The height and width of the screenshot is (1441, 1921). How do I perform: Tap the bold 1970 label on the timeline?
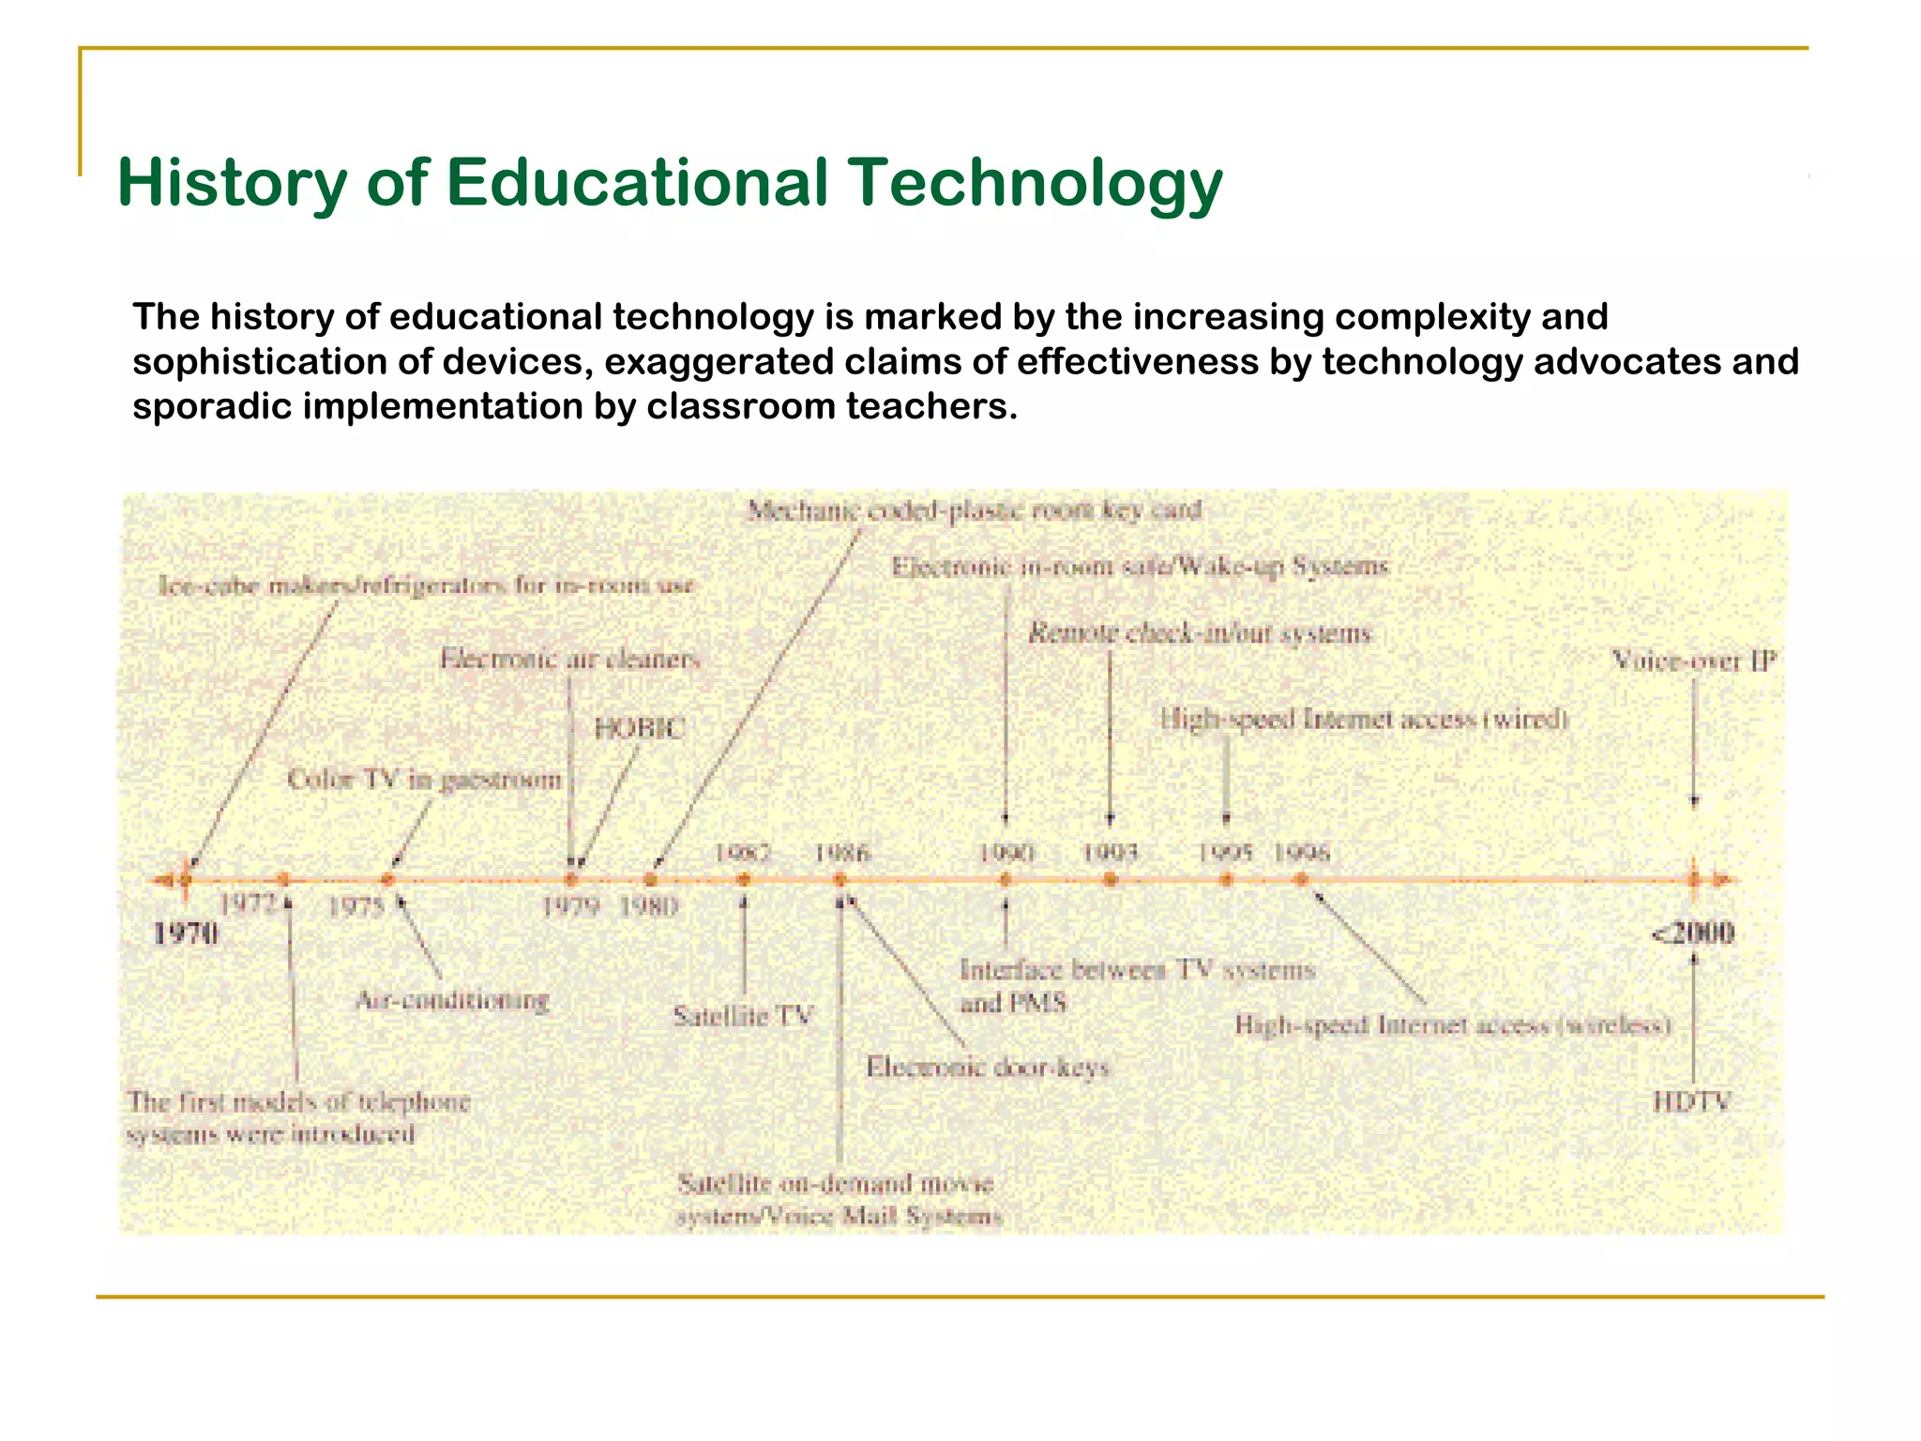pos(186,933)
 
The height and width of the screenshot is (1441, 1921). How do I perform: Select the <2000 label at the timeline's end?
pos(1692,933)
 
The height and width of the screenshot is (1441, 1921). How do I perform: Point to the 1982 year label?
pos(743,853)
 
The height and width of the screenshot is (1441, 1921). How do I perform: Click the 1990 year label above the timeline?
pos(1006,853)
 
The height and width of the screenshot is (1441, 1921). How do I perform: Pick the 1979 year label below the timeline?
pos(571,906)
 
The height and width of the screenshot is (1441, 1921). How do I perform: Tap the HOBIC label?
pos(641,729)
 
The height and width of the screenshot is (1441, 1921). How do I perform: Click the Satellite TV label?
pos(743,1016)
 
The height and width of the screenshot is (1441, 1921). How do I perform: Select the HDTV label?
pos(1691,1101)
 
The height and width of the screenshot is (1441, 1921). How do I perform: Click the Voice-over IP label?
pos(1693,661)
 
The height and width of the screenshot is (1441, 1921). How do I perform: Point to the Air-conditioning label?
pos(452,1000)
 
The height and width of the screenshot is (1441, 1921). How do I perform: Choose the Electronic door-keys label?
pos(987,1068)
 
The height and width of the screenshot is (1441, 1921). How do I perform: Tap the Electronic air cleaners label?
pos(570,659)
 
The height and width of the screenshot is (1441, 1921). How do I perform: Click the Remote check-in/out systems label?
pos(1200,634)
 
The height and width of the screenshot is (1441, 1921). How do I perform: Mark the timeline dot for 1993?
pos(1111,880)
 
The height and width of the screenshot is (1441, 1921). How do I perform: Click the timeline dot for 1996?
pos(1301,880)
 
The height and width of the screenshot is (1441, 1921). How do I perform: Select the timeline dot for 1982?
pos(744,880)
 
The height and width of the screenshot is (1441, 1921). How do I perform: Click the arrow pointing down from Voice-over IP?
pos(1694,741)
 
